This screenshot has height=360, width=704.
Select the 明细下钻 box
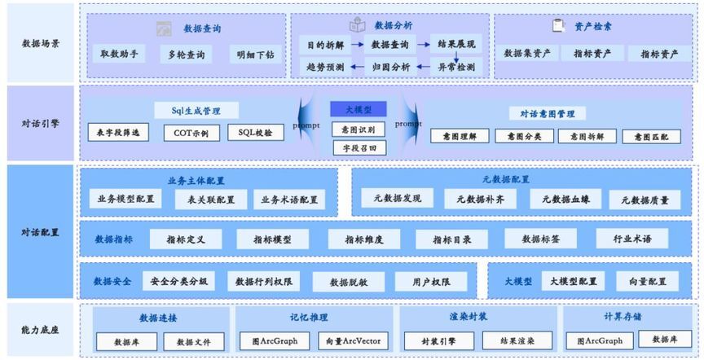pos(256,55)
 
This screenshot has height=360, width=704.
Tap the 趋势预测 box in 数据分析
pos(324,67)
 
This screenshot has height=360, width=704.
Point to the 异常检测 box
pos(455,67)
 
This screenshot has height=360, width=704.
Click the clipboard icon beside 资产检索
pos(558,25)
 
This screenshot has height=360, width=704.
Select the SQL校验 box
pos(256,132)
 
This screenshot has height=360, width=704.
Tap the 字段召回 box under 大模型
pos(359,147)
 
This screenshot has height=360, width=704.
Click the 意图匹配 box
pos(651,137)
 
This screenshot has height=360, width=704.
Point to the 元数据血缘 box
pos(565,199)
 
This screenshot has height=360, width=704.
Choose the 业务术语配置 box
pos(289,200)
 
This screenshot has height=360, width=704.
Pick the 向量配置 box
pos(641,281)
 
